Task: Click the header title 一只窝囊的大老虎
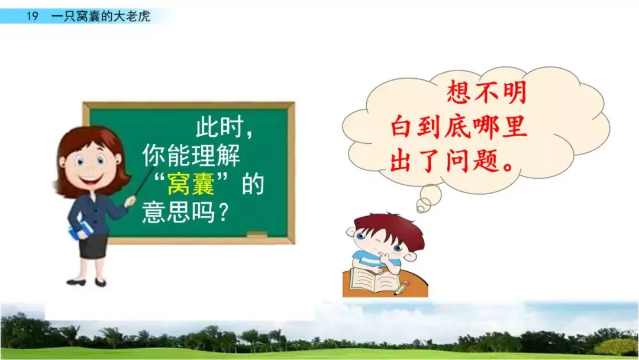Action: pyautogui.click(x=101, y=17)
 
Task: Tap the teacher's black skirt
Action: pyautogui.click(x=93, y=245)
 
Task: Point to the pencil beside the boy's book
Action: pyautogui.click(x=402, y=289)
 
